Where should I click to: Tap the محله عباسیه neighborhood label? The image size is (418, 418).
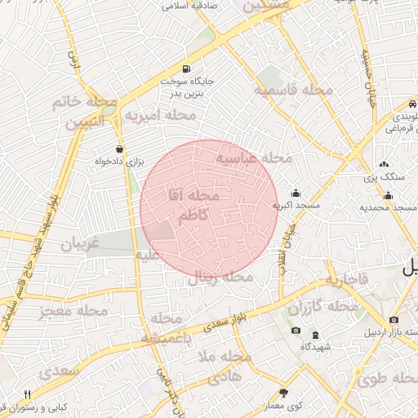pyautogui.click(x=253, y=158)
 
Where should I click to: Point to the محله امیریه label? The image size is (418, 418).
pyautogui.click(x=160, y=116)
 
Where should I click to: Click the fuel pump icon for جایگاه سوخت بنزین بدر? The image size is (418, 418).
pyautogui.click(x=188, y=68)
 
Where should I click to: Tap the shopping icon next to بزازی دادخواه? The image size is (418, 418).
pyautogui.click(x=121, y=149)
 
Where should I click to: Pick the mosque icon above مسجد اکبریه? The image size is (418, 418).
pyautogui.click(x=296, y=193)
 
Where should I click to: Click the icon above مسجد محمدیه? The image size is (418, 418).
pyautogui.click(x=388, y=195)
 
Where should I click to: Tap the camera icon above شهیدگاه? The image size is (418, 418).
pyautogui.click(x=295, y=331)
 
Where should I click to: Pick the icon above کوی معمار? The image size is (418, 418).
pyautogui.click(x=283, y=392)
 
